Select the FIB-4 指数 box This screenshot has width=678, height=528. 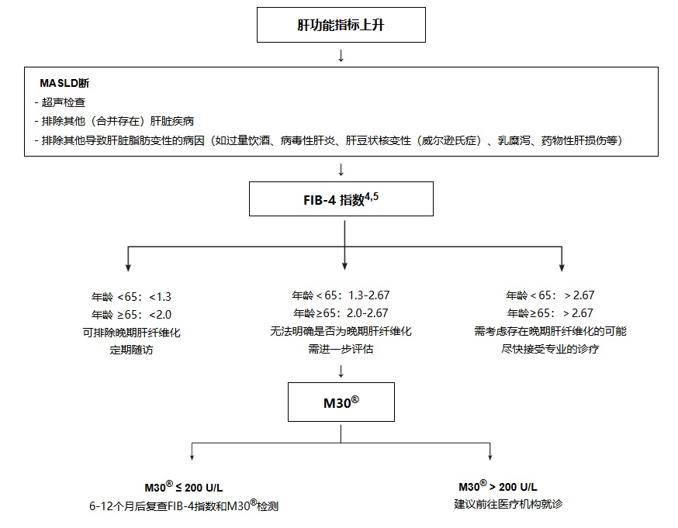[341, 199]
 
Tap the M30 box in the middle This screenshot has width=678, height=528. [341, 402]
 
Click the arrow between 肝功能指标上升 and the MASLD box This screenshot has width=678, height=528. [341, 56]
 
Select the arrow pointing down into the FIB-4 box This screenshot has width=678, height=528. [341, 169]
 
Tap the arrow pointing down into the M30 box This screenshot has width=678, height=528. [341, 370]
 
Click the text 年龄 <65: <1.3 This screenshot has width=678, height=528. [131, 295]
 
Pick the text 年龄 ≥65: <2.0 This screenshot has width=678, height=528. [131, 313]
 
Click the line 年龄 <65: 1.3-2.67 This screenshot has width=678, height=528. [341, 295]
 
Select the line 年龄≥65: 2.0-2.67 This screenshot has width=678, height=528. [341, 313]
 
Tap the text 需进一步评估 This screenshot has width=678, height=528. [341, 350]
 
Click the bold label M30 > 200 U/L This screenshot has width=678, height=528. [497, 487]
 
